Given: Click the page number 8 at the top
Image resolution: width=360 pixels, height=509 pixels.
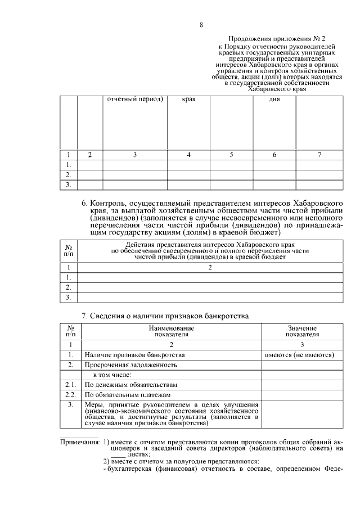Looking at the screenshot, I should point(201,25).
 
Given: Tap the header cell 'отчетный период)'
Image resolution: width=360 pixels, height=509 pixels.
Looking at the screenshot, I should point(135,100).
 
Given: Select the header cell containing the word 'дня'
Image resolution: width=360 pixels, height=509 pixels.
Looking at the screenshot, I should point(274,100).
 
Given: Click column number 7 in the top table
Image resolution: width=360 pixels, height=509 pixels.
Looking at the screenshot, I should point(319,155).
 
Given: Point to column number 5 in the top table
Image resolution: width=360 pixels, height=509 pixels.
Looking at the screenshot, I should point(231,155).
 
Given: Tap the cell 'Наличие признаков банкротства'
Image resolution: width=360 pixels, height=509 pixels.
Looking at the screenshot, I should point(134,355).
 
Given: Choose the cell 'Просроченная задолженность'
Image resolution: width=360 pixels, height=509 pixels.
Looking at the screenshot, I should point(130,365).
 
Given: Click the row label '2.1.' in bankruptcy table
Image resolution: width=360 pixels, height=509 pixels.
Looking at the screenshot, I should point(70,385).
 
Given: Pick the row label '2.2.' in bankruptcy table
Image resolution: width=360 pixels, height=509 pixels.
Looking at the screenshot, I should point(70,395).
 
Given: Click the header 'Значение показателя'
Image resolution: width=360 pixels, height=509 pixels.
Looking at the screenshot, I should point(302,331).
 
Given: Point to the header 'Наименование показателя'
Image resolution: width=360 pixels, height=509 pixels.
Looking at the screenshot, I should point(172,331).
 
